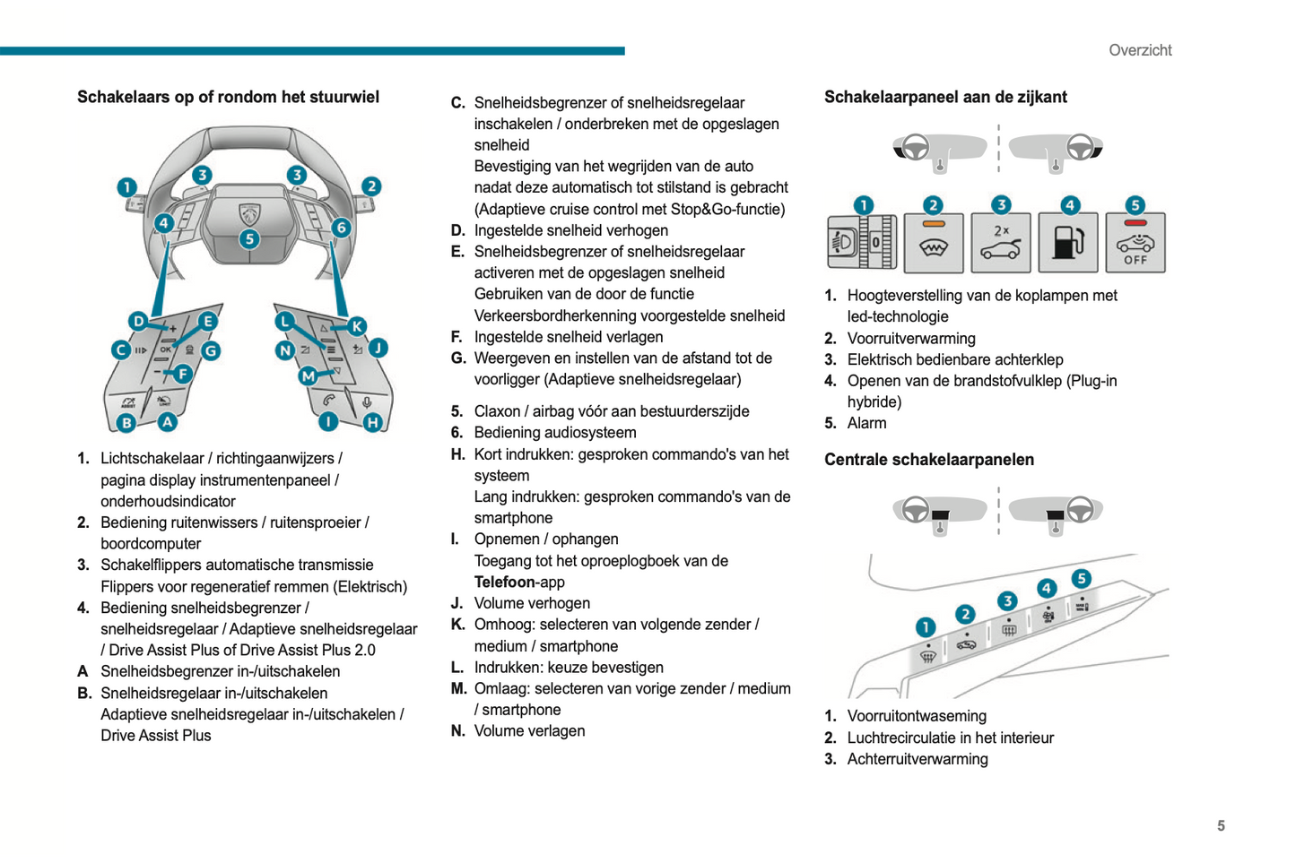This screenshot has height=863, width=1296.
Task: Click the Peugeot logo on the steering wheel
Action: (x=248, y=213)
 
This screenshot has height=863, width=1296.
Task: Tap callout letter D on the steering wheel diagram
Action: (x=138, y=321)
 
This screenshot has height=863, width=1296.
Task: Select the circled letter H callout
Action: (x=372, y=421)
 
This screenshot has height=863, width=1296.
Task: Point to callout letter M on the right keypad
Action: (x=309, y=376)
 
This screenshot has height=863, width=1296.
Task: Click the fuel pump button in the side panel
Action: (x=1067, y=243)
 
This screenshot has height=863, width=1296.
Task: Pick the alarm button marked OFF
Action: (x=1135, y=243)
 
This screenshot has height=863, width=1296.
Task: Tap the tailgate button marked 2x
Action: (x=1000, y=243)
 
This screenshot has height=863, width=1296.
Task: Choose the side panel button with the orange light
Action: (x=934, y=243)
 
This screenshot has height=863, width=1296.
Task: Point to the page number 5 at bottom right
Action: (x=1221, y=825)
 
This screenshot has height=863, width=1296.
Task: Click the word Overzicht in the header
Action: (x=1140, y=50)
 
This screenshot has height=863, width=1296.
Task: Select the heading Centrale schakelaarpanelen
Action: (x=928, y=460)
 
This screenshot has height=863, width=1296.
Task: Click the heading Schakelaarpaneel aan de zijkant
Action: (x=945, y=97)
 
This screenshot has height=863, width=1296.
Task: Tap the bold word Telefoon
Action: (x=505, y=583)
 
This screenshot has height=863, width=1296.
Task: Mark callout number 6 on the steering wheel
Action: (x=341, y=228)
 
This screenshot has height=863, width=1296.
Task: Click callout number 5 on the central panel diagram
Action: (x=1082, y=579)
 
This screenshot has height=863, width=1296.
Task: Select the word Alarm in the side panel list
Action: (x=866, y=423)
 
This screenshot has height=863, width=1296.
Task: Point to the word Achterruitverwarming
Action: (x=918, y=759)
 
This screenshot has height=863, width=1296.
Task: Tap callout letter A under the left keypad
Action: (x=168, y=421)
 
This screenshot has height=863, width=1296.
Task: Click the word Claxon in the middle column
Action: (x=498, y=411)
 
